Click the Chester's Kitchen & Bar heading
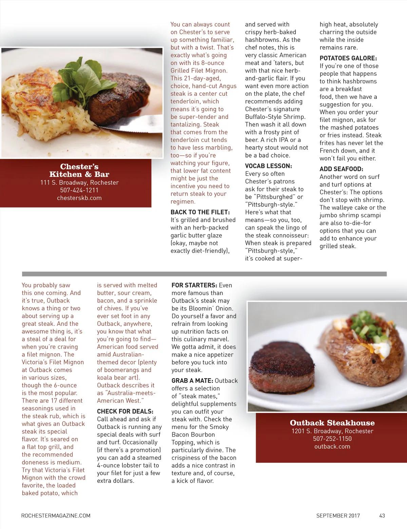click(x=79, y=170)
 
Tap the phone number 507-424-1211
click(x=79, y=190)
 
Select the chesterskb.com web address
click(x=79, y=198)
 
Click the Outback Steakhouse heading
click(x=332, y=423)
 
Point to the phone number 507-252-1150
click(x=332, y=439)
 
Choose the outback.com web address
click(x=332, y=446)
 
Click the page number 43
click(x=382, y=515)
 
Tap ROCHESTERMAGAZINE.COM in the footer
click(x=56, y=515)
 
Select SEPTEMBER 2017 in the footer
click(x=338, y=515)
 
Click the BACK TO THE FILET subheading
click(x=200, y=212)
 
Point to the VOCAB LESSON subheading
click(x=268, y=166)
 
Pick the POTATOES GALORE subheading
click(x=348, y=58)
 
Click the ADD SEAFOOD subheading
click(x=341, y=169)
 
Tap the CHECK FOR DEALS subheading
click(x=125, y=412)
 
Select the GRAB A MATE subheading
click(x=192, y=381)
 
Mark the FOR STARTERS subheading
click(x=194, y=285)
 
